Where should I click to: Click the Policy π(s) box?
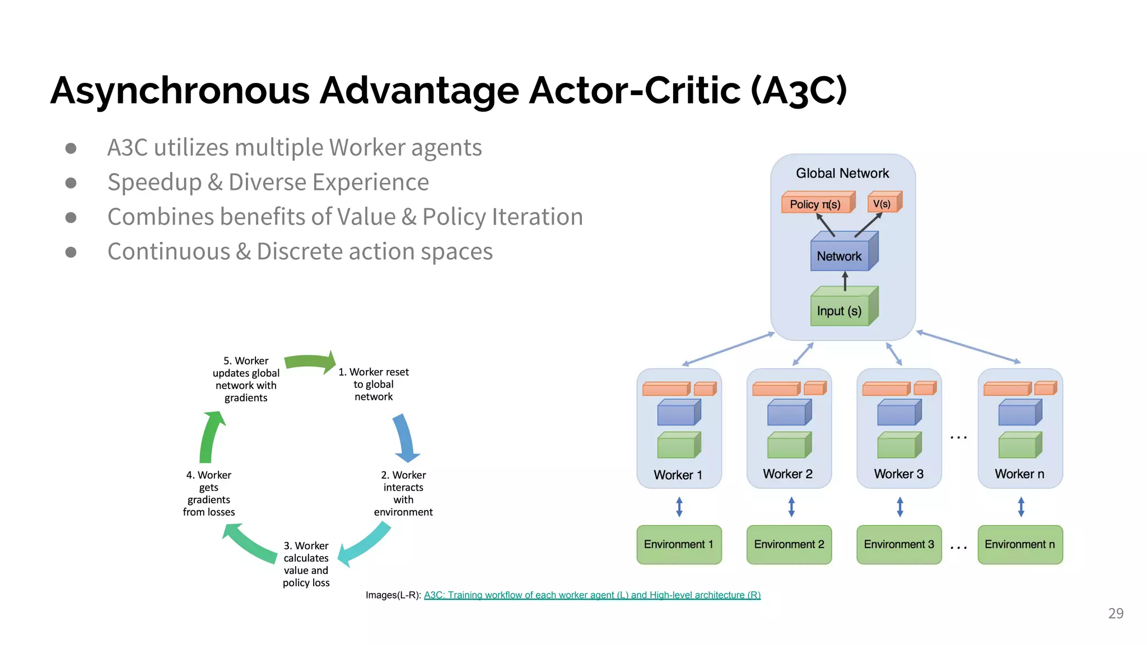[x=817, y=204]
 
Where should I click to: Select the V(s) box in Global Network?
[x=883, y=203]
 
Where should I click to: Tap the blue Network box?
[x=840, y=256]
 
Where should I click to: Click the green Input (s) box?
[x=840, y=310]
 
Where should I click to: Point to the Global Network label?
[x=842, y=173]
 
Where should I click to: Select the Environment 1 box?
[x=679, y=544]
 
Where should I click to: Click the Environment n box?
[x=1019, y=544]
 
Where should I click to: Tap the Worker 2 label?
[x=787, y=474]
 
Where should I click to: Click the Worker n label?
[x=1019, y=474]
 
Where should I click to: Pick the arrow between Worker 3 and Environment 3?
[x=899, y=506]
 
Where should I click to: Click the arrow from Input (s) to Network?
[x=845, y=281]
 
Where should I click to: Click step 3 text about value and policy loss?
[x=306, y=564]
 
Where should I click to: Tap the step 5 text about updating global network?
[x=246, y=379]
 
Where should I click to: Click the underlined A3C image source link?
[x=592, y=595]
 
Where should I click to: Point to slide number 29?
[x=1116, y=613]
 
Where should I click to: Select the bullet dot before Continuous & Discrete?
[x=71, y=252]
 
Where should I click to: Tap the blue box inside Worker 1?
[x=678, y=413]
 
